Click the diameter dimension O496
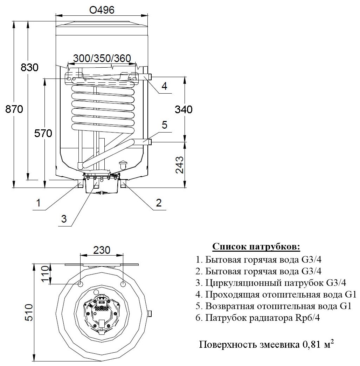102,10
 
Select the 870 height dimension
14,109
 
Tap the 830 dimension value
29,68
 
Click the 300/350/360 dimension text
102,58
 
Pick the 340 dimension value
184,109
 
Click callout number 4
164,86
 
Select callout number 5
165,125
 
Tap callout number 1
39,202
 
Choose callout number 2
159,202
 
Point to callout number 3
64,219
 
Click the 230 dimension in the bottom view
102,250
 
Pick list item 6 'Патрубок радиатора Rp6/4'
258,318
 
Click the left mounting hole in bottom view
81,284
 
